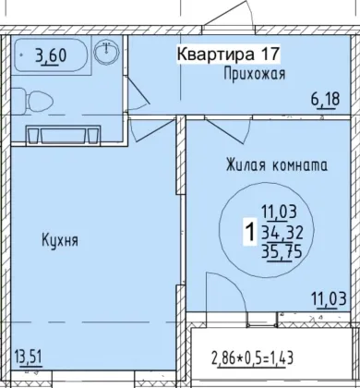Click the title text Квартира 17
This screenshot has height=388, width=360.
(x=228, y=55)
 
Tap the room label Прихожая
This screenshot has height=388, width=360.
(x=255, y=74)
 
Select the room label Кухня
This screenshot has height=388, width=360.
(x=60, y=240)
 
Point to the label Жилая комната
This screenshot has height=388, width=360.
(x=277, y=165)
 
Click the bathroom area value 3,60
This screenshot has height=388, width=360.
(x=51, y=56)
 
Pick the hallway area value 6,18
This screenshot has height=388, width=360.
(x=326, y=100)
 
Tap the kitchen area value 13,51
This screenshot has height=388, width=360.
(x=28, y=358)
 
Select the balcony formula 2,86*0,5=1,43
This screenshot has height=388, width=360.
(x=252, y=358)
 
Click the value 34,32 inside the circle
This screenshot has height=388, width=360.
(x=282, y=233)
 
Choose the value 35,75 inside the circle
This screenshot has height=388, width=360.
(x=282, y=253)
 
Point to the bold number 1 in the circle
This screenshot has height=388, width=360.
(x=250, y=233)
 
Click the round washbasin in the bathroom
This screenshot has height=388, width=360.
(x=106, y=52)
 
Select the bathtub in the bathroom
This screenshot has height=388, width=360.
(x=51, y=56)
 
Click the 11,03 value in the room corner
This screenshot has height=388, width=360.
(x=329, y=299)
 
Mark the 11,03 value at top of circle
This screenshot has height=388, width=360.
(x=279, y=212)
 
